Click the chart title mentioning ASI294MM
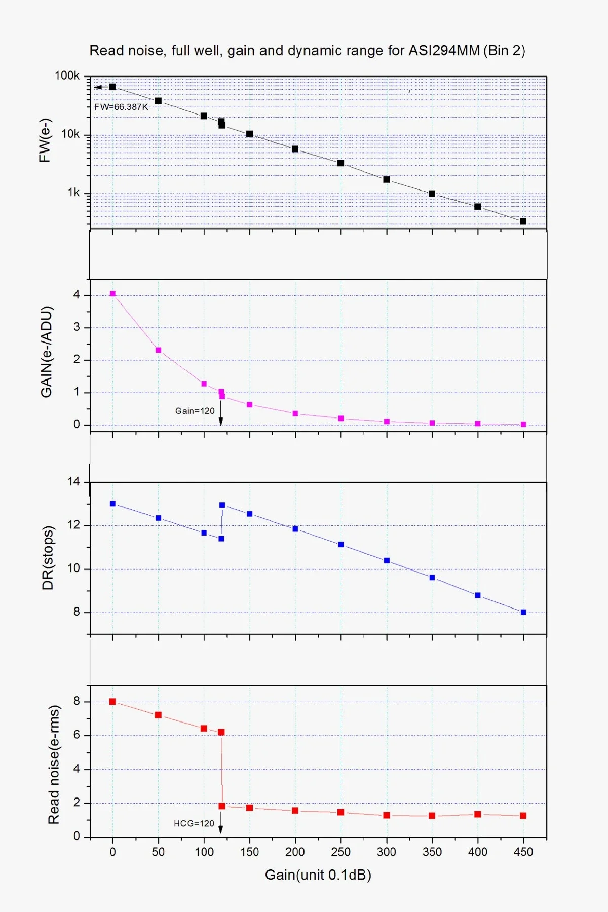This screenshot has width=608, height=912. coord(307,51)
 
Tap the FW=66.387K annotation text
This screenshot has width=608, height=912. coord(122,107)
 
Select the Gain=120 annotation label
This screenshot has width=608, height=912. coord(195,411)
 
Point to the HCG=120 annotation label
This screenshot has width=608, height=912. coord(194,823)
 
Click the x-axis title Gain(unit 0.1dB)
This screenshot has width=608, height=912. coord(318,875)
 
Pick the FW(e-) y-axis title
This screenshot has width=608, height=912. coord(45,140)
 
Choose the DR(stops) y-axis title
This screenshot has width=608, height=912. coord(48,557)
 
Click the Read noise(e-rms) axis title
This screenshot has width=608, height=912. coord(54,765)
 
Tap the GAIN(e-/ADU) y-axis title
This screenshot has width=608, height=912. coord(47,352)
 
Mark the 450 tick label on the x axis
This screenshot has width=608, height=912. coord(523,852)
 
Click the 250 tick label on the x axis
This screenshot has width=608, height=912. coord(341,852)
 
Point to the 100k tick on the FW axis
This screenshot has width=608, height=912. coord(67,76)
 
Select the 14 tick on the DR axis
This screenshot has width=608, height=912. coord(74,482)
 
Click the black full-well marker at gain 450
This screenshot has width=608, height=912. coord(523,221)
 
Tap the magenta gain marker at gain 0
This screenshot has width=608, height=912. coord(112,294)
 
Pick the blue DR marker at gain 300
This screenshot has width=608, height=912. coord(387,560)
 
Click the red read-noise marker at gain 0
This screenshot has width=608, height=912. coord(112,702)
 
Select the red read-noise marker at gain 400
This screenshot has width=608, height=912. coord(478,814)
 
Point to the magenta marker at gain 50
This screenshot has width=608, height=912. coord(158,350)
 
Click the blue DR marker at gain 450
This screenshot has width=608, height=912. coord(523,612)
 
